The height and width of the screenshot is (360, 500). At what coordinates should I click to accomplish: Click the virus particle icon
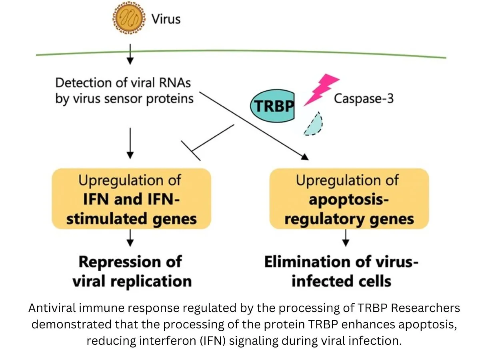tap(128, 18)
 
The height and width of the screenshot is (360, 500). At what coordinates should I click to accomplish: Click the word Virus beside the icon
tap(166, 19)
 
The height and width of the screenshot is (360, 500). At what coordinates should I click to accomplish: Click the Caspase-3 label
tap(364, 98)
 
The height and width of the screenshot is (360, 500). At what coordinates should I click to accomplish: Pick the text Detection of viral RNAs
tap(123, 83)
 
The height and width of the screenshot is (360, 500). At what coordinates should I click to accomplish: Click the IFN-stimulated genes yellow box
tap(131, 198)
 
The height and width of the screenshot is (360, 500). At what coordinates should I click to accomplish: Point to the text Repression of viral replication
tap(131, 272)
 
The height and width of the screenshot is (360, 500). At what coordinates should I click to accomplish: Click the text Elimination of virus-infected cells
tap(341, 272)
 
